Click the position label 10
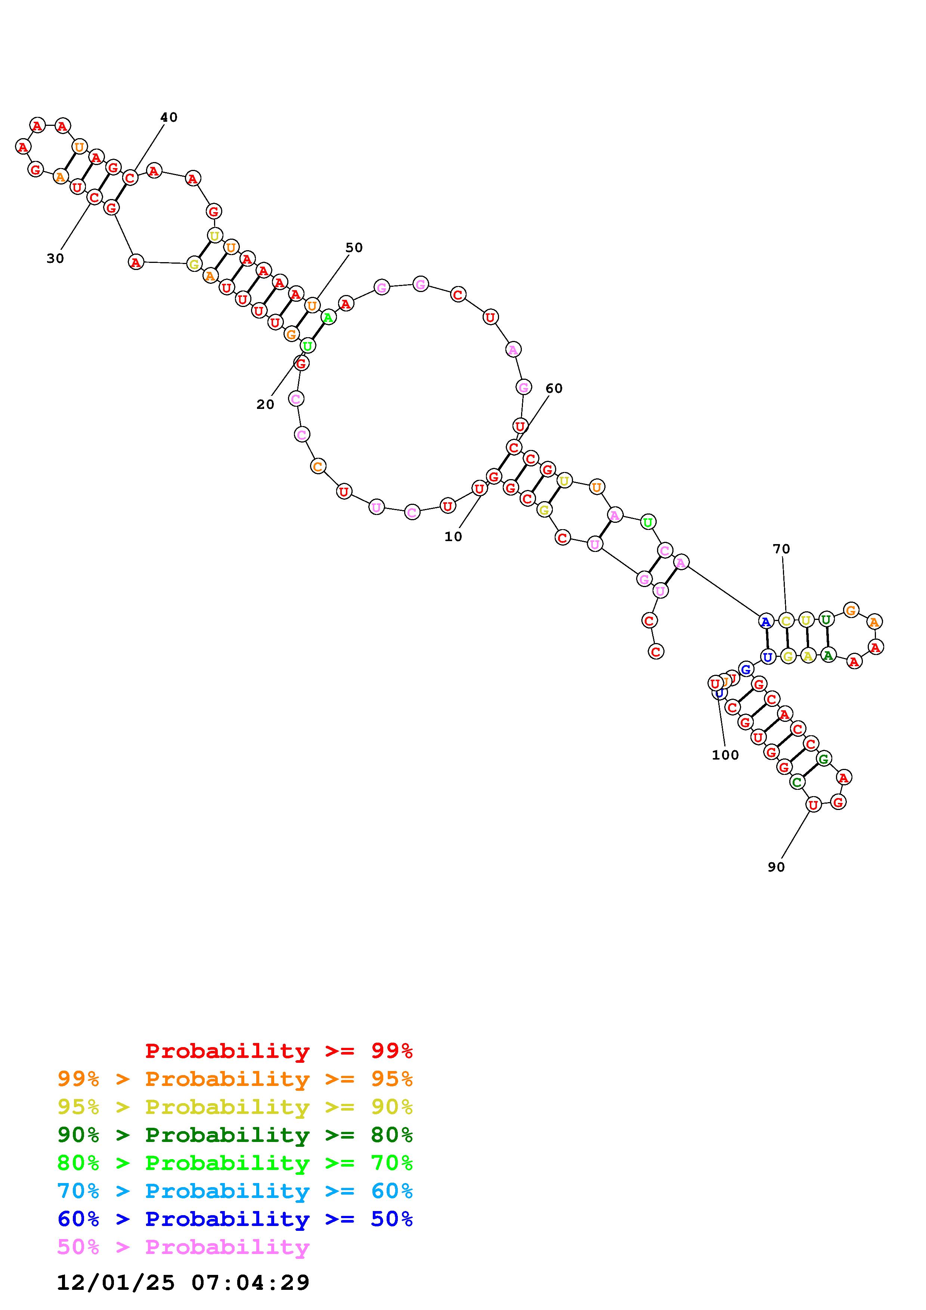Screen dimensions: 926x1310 [453, 537]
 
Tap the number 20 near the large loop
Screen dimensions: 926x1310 [265, 404]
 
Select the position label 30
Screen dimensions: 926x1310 [55, 258]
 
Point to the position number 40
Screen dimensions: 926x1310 [169, 118]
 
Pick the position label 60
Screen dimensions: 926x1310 [554, 388]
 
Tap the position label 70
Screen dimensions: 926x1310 [781, 549]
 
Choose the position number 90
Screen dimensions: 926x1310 [776, 867]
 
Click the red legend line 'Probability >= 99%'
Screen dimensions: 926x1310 [279, 1051]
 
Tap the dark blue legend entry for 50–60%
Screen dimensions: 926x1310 [235, 1219]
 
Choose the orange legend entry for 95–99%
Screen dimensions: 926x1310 [235, 1079]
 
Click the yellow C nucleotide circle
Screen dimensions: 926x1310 [786, 621]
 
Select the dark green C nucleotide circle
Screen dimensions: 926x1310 [797, 782]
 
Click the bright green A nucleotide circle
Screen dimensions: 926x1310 [328, 318]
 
